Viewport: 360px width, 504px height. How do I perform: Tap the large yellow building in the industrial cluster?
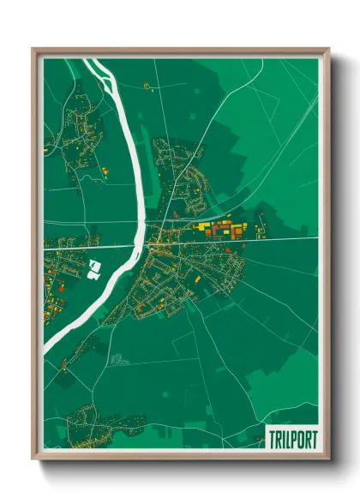click(206, 227)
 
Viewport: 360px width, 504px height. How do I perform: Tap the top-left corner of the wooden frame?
click(33, 49)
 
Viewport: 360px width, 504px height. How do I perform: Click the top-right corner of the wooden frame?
click(328, 49)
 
